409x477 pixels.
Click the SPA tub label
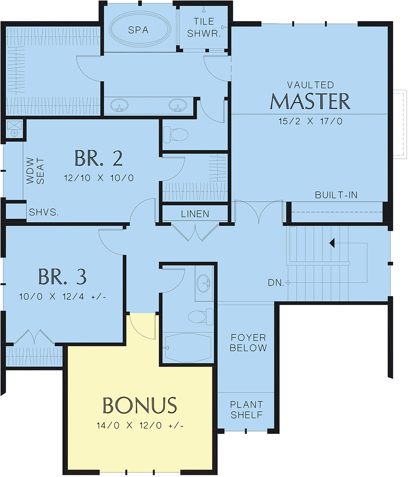tap(138, 30)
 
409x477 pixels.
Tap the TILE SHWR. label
tap(204, 28)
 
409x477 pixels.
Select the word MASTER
tap(310, 101)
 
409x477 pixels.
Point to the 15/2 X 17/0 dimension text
tap(310, 122)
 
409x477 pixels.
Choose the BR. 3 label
tap(62, 276)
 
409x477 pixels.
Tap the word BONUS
tap(140, 405)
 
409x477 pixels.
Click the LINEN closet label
tap(195, 214)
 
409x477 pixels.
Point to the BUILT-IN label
tap(336, 195)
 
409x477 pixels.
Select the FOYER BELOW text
tap(248, 343)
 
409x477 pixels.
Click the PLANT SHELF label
tap(246, 410)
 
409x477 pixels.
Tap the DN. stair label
tap(276, 283)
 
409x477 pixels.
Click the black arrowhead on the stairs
tap(332, 243)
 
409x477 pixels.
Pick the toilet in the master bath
tap(176, 134)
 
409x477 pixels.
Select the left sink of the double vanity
tap(119, 105)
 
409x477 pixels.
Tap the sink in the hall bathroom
tap(203, 283)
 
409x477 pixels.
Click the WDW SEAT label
tap(35, 171)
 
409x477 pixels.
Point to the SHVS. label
tap(44, 212)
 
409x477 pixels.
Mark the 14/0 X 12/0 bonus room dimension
tap(140, 426)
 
